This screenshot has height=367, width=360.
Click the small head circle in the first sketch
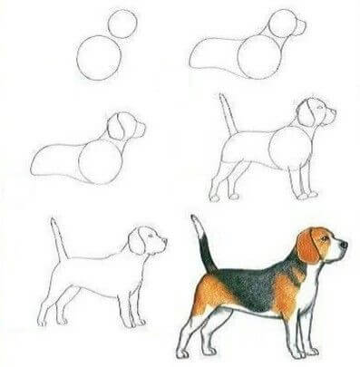tap(122, 24)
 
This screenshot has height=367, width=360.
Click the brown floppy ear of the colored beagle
tap(308, 246)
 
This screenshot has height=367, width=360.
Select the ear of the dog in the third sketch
tap(118, 127)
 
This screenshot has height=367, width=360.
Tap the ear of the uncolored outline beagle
tap(137, 242)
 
